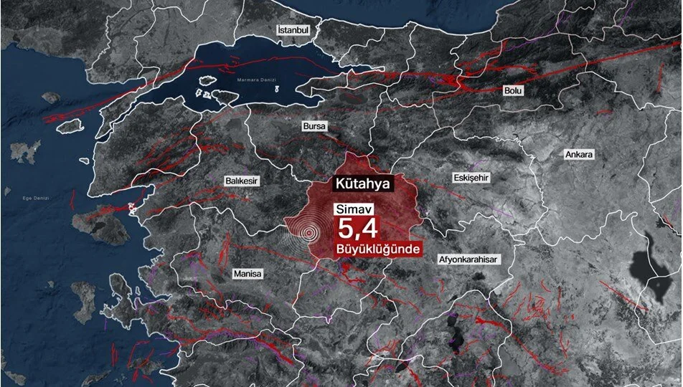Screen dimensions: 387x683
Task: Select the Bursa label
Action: coord(314,126)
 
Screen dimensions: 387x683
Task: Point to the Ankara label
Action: coord(580,155)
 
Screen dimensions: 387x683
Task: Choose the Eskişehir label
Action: coord(471,177)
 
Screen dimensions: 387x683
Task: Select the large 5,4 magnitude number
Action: coord(359,231)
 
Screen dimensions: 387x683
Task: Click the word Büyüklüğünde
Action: coord(377,249)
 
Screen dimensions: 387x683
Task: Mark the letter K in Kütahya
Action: coord(340,183)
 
